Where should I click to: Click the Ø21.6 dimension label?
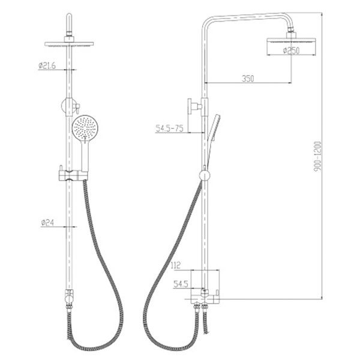click(x=47, y=65)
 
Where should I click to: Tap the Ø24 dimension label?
click(x=47, y=223)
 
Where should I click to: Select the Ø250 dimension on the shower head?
click(x=291, y=50)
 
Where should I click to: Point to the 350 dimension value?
click(x=248, y=79)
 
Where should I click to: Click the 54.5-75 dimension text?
click(x=169, y=128)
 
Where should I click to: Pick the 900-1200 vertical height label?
click(x=318, y=157)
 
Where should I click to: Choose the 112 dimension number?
click(x=176, y=265)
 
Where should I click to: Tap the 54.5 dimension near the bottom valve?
click(x=181, y=284)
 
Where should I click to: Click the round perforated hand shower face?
click(x=85, y=128)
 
